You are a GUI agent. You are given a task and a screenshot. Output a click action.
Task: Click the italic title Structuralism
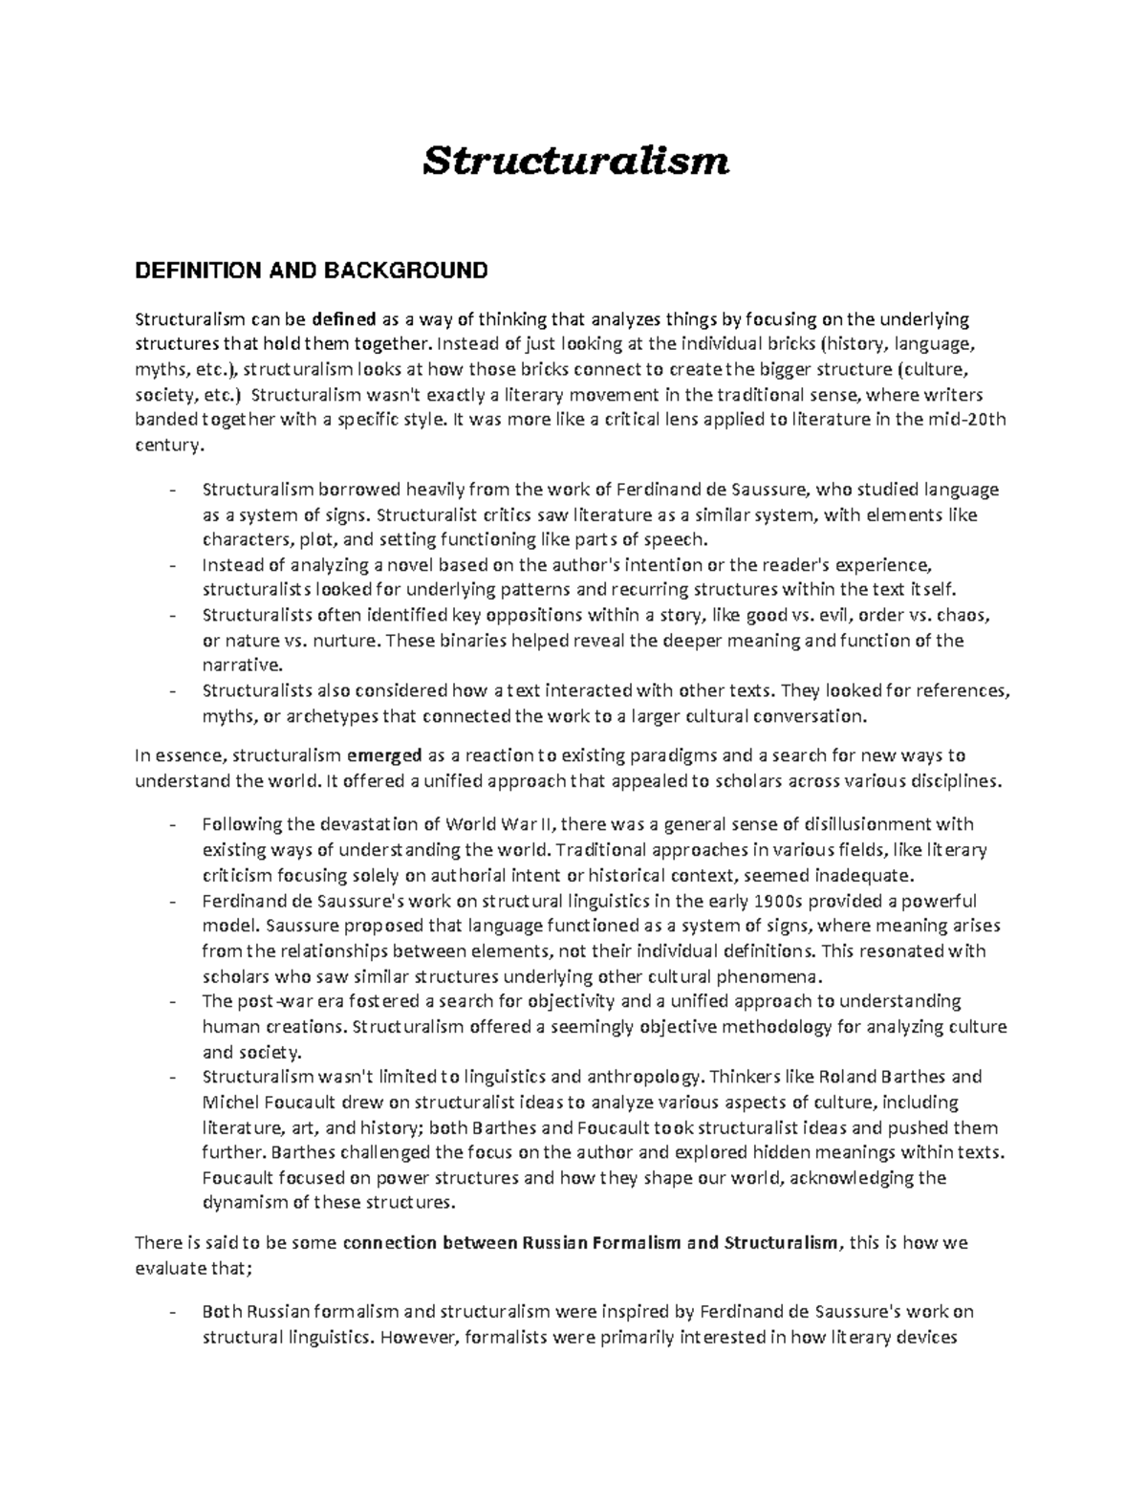tap(576, 161)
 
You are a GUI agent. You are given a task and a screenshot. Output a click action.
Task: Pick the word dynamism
tap(243, 1202)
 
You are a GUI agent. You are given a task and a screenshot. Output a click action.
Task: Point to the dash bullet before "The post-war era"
tap(172, 1002)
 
